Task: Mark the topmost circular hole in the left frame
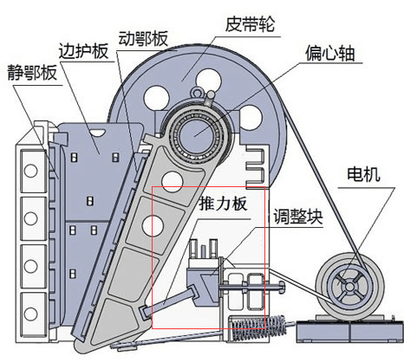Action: (29, 173)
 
